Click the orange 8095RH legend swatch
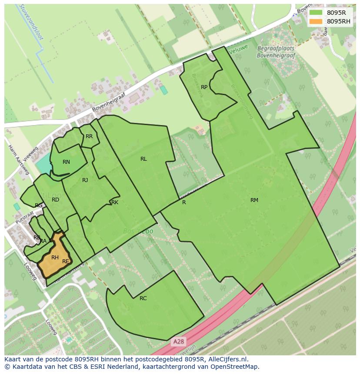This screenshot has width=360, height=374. [x=316, y=21]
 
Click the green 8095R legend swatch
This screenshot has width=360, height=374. [x=316, y=13]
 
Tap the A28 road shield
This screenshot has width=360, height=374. [x=178, y=342]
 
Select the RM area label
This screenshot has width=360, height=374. [x=254, y=200]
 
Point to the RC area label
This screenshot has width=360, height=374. [x=143, y=298]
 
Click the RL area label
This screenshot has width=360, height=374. [x=143, y=159]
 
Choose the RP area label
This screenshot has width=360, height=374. [x=204, y=87]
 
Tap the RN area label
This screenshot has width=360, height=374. [x=66, y=162]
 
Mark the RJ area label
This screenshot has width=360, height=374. [x=85, y=180]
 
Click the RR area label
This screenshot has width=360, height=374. [x=89, y=136]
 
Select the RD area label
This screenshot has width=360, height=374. [x=55, y=200]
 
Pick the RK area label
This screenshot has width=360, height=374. [x=115, y=202]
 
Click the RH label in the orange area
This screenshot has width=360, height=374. [x=55, y=258]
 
